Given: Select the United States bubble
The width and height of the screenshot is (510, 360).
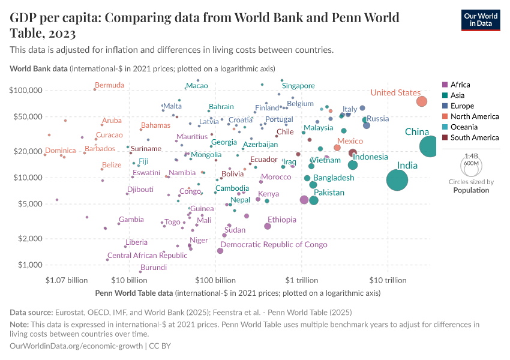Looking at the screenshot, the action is (422, 101).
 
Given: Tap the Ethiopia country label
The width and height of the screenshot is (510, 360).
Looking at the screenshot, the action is (282, 220).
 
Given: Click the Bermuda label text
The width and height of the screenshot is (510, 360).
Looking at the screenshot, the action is (110, 85).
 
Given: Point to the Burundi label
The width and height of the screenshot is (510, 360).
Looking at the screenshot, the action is (153, 268).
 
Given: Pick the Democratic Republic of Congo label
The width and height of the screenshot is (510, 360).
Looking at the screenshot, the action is (274, 244).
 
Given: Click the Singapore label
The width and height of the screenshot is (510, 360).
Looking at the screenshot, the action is (298, 86).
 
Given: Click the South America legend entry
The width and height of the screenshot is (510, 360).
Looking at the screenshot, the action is (474, 137).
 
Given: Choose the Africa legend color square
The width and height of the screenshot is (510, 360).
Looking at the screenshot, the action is (444, 85).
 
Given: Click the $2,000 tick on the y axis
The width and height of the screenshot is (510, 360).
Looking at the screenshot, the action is (29, 239).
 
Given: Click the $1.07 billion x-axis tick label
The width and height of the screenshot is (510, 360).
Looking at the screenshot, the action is (67, 280).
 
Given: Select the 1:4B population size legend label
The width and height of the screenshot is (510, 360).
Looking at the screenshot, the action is (472, 155).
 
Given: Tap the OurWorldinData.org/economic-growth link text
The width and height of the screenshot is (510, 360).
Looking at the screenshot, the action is (76, 346).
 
